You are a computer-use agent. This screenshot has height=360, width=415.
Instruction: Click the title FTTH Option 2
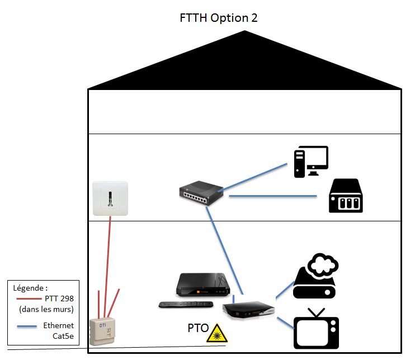[x=218, y=17]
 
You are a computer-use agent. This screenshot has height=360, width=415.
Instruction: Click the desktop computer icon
[x=311, y=162]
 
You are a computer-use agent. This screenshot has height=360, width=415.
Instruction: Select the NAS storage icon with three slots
[x=346, y=196]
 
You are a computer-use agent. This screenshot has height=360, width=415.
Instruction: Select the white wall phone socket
[x=111, y=199]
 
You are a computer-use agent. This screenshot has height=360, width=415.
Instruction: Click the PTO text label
[x=198, y=328]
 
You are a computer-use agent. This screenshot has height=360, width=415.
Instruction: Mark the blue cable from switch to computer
[x=258, y=177]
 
